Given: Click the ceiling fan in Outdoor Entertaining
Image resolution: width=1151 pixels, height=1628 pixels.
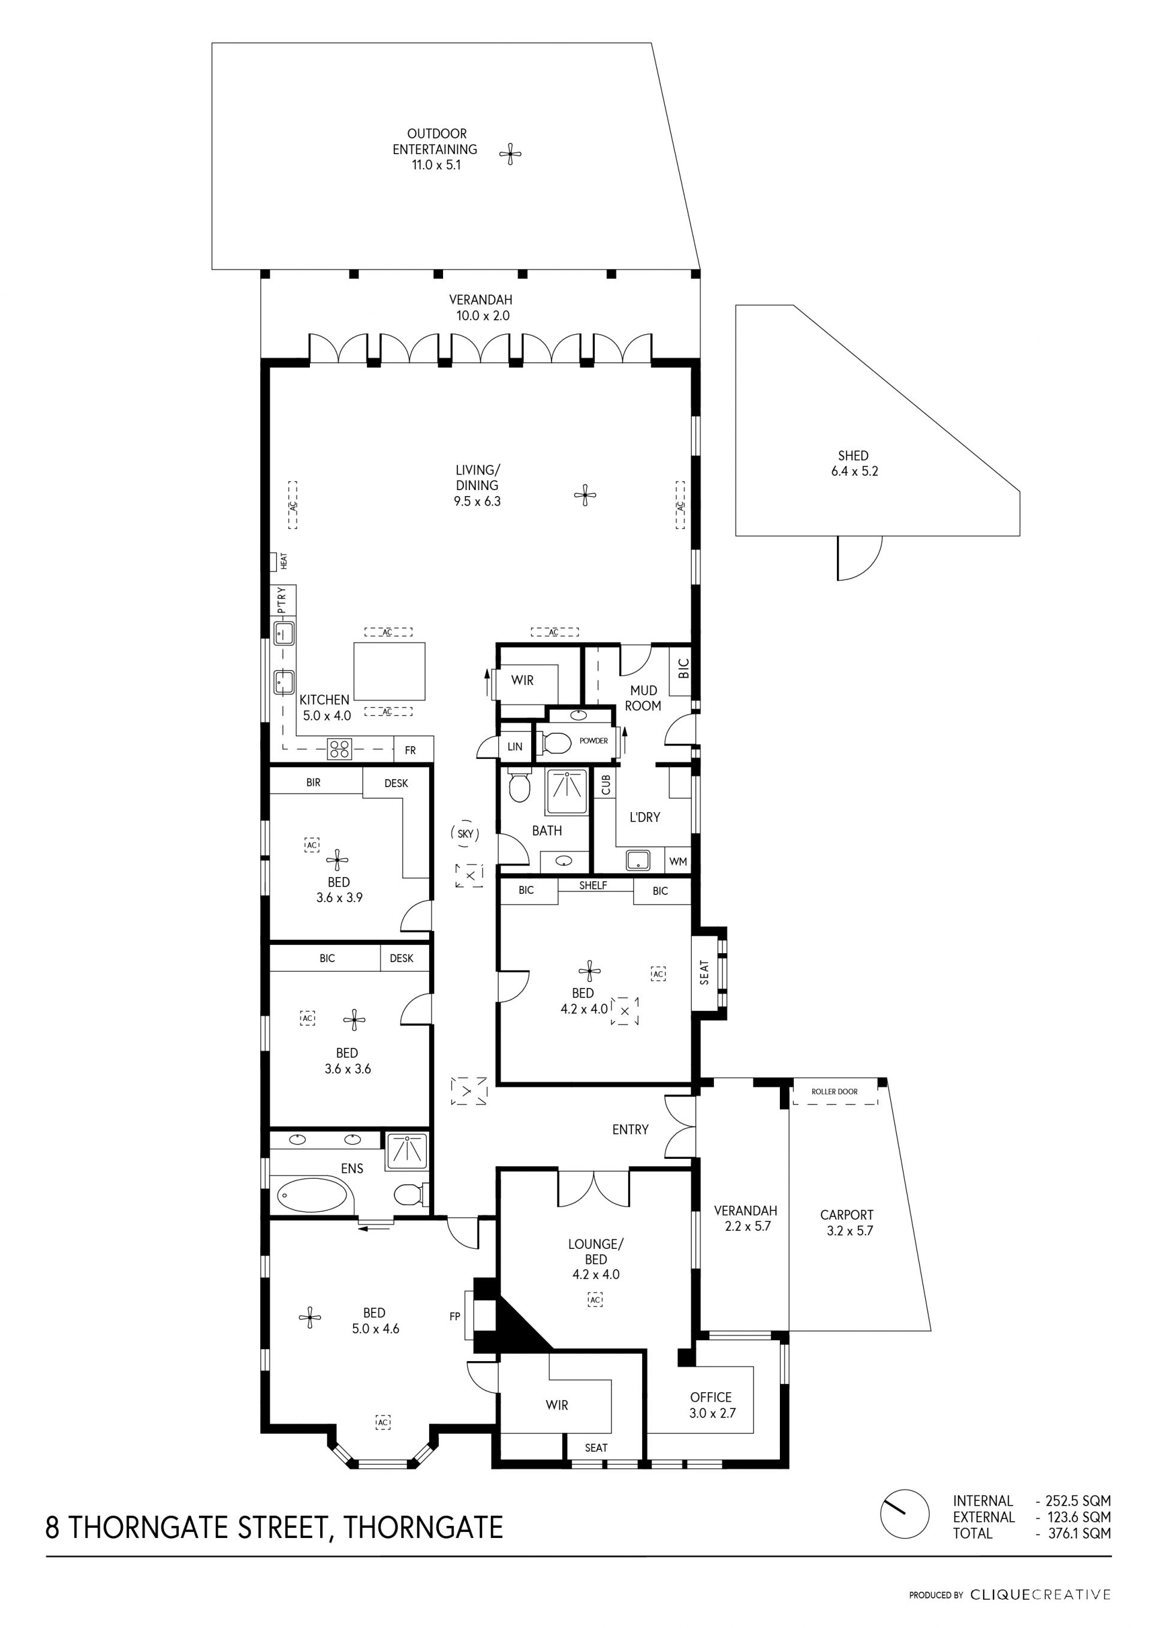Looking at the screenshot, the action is (x=510, y=154).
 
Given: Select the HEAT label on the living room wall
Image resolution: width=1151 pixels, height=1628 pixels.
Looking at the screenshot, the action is (x=284, y=561).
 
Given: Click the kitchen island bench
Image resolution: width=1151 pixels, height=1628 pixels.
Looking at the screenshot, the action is (x=390, y=671).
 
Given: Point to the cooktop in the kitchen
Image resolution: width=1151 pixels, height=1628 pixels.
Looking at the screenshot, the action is (x=339, y=749).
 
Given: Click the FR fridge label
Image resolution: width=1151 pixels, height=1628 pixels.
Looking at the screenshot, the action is (x=411, y=750).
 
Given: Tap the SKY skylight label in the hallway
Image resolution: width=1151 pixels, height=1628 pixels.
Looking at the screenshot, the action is (x=465, y=834).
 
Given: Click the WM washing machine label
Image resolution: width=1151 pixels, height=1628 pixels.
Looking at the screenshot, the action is (x=678, y=861).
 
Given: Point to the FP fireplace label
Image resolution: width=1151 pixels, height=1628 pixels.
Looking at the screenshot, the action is (x=455, y=1316).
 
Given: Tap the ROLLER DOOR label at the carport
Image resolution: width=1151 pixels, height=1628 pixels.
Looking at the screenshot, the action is (x=834, y=1091).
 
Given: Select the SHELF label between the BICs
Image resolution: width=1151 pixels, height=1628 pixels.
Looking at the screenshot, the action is (x=593, y=885).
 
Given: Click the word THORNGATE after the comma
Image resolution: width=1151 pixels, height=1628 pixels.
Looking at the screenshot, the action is (x=424, y=1527).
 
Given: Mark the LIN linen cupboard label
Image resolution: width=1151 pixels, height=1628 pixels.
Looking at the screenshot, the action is (x=516, y=747).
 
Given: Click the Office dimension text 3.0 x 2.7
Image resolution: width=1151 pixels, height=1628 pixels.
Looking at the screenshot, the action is (x=712, y=1413).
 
